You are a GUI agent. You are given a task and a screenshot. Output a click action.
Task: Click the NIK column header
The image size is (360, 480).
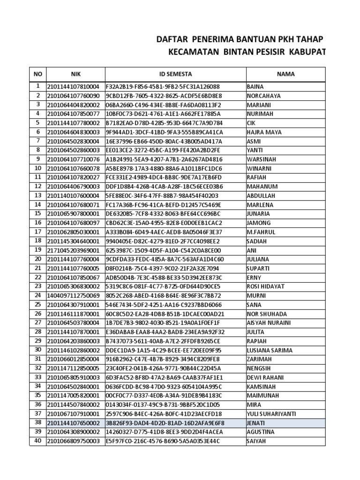click(x=76, y=74)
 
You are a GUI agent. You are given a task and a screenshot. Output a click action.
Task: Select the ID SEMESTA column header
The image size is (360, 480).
click(x=175, y=74)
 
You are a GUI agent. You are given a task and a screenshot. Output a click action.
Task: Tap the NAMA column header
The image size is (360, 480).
click(x=285, y=74)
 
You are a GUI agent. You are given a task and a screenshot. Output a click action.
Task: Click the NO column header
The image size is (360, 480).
click(x=37, y=74)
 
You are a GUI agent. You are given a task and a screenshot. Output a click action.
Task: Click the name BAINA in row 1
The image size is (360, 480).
click(x=255, y=87)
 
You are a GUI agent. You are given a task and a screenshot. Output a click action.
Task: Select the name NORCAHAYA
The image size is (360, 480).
click(x=263, y=96)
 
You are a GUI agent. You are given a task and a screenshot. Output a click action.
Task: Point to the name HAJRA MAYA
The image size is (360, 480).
click(x=262, y=132)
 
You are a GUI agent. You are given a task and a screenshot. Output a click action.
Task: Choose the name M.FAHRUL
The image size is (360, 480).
click(x=261, y=232)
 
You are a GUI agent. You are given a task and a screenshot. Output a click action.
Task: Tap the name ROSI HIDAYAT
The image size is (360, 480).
click(x=265, y=286)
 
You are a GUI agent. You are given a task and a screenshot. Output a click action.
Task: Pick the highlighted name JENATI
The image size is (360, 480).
click(x=256, y=423)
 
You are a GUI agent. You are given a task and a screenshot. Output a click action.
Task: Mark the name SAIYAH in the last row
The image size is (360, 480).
click(x=256, y=441)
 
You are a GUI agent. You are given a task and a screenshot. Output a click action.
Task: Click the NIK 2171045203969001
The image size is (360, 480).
click(x=73, y=250)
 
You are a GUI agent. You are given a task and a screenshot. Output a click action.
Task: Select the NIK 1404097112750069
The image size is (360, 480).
click(x=73, y=296)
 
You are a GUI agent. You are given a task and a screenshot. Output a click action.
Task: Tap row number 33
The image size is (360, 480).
click(x=37, y=377)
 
